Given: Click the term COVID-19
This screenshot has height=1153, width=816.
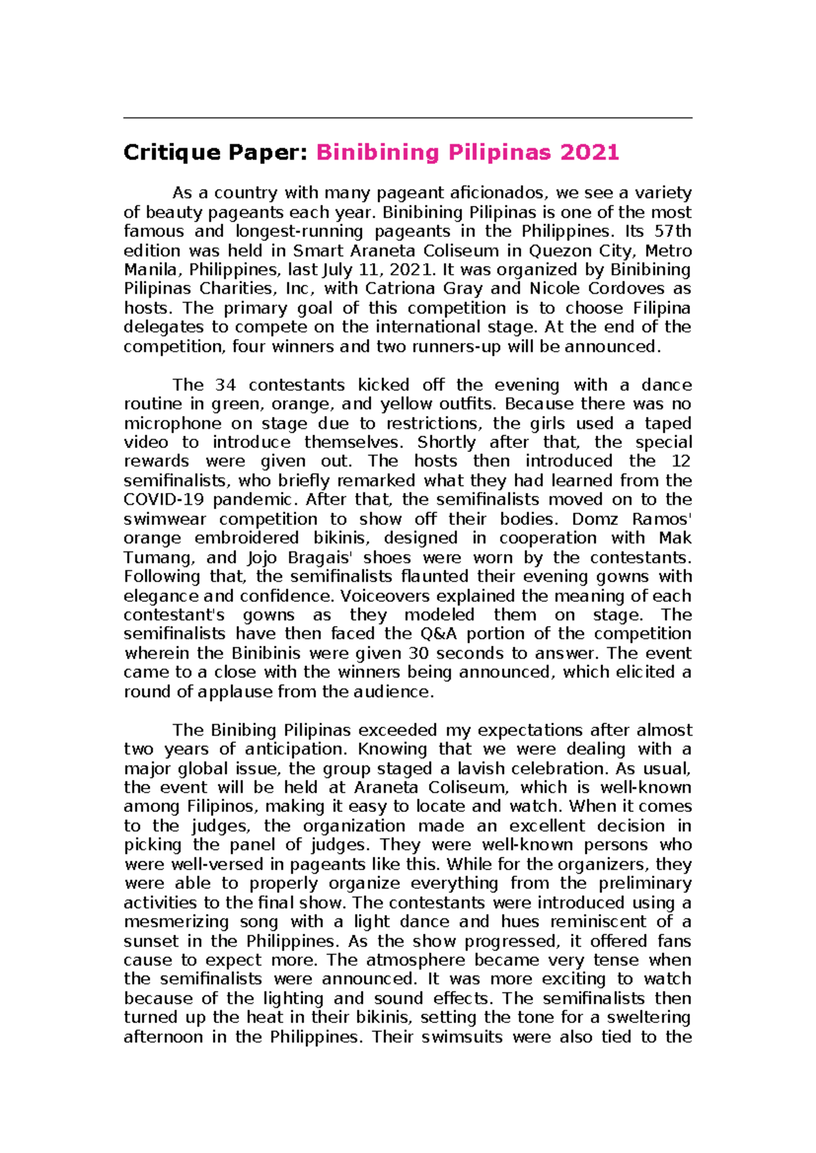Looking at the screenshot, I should tap(164, 500).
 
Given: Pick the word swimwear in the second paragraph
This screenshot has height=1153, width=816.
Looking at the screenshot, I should tap(163, 519).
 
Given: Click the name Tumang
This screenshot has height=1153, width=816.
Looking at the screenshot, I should tap(157, 557).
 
